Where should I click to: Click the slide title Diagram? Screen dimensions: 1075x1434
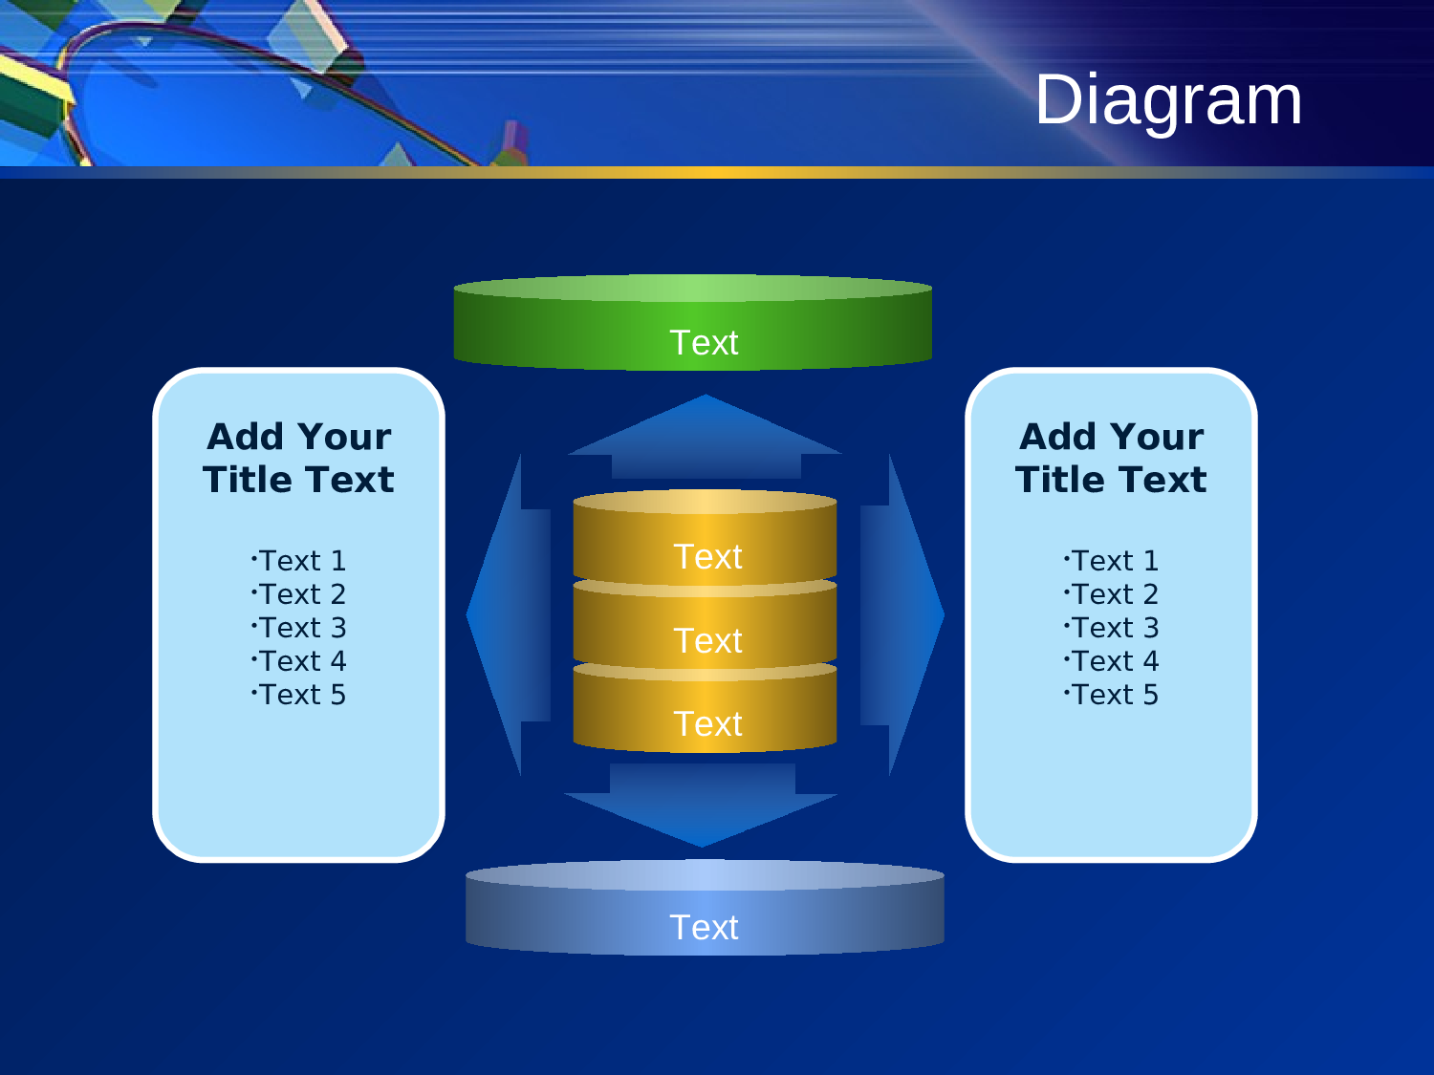coord(1168,100)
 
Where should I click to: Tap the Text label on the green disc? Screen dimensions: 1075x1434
coord(705,343)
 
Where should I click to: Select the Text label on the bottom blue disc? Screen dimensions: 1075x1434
coord(705,928)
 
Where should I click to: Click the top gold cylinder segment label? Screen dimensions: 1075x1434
coord(707,557)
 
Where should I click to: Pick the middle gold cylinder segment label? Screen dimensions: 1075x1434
coord(707,641)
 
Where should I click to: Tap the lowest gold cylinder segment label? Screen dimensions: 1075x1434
coord(707,724)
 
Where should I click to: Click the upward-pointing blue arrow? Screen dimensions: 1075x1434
coord(706,440)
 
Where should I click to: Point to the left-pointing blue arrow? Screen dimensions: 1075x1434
coord(511,614)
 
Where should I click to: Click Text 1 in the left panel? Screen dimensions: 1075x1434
coord(299,561)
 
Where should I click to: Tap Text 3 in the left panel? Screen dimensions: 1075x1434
coord(299,628)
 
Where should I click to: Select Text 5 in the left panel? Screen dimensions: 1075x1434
coord(299,695)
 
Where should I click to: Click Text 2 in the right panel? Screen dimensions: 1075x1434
coord(1112,594)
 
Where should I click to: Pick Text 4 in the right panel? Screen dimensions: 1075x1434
coord(1112,661)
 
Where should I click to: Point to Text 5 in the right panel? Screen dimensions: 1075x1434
coord(1112,695)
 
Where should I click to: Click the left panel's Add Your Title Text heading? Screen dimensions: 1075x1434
coord(299,458)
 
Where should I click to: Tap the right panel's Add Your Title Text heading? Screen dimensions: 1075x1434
coord(1112,458)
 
